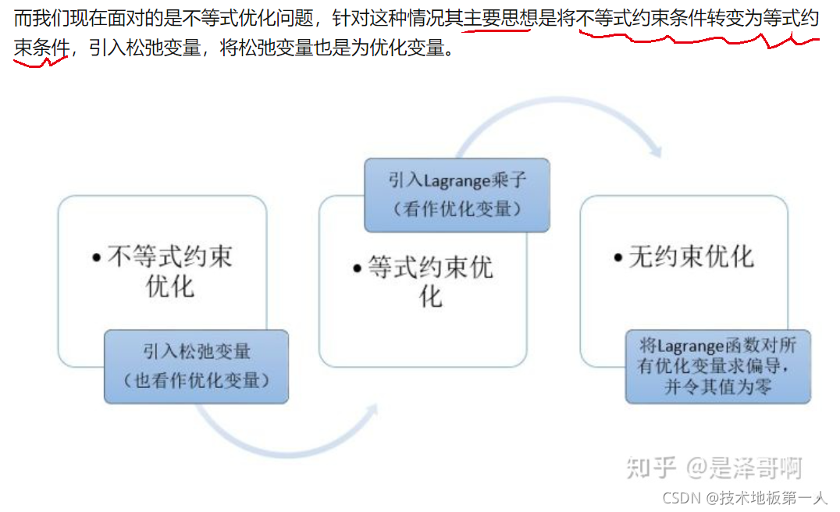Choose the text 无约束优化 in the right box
pos(692,257)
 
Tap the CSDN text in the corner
pos(679,497)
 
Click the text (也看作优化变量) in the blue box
pos(196,380)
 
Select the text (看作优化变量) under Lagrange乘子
pos(457,208)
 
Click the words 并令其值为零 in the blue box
pos(717,387)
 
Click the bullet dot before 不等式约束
pos(96,258)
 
